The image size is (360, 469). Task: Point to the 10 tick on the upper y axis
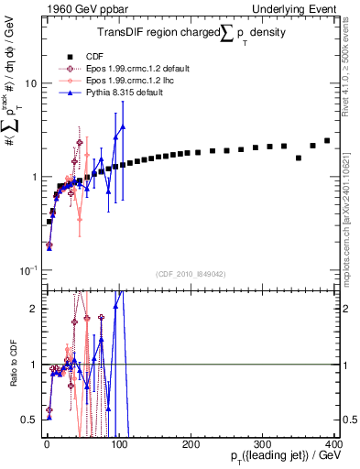point(29,83)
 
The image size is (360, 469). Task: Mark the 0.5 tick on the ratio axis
point(28,420)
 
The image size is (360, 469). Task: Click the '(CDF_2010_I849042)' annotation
point(191,273)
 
